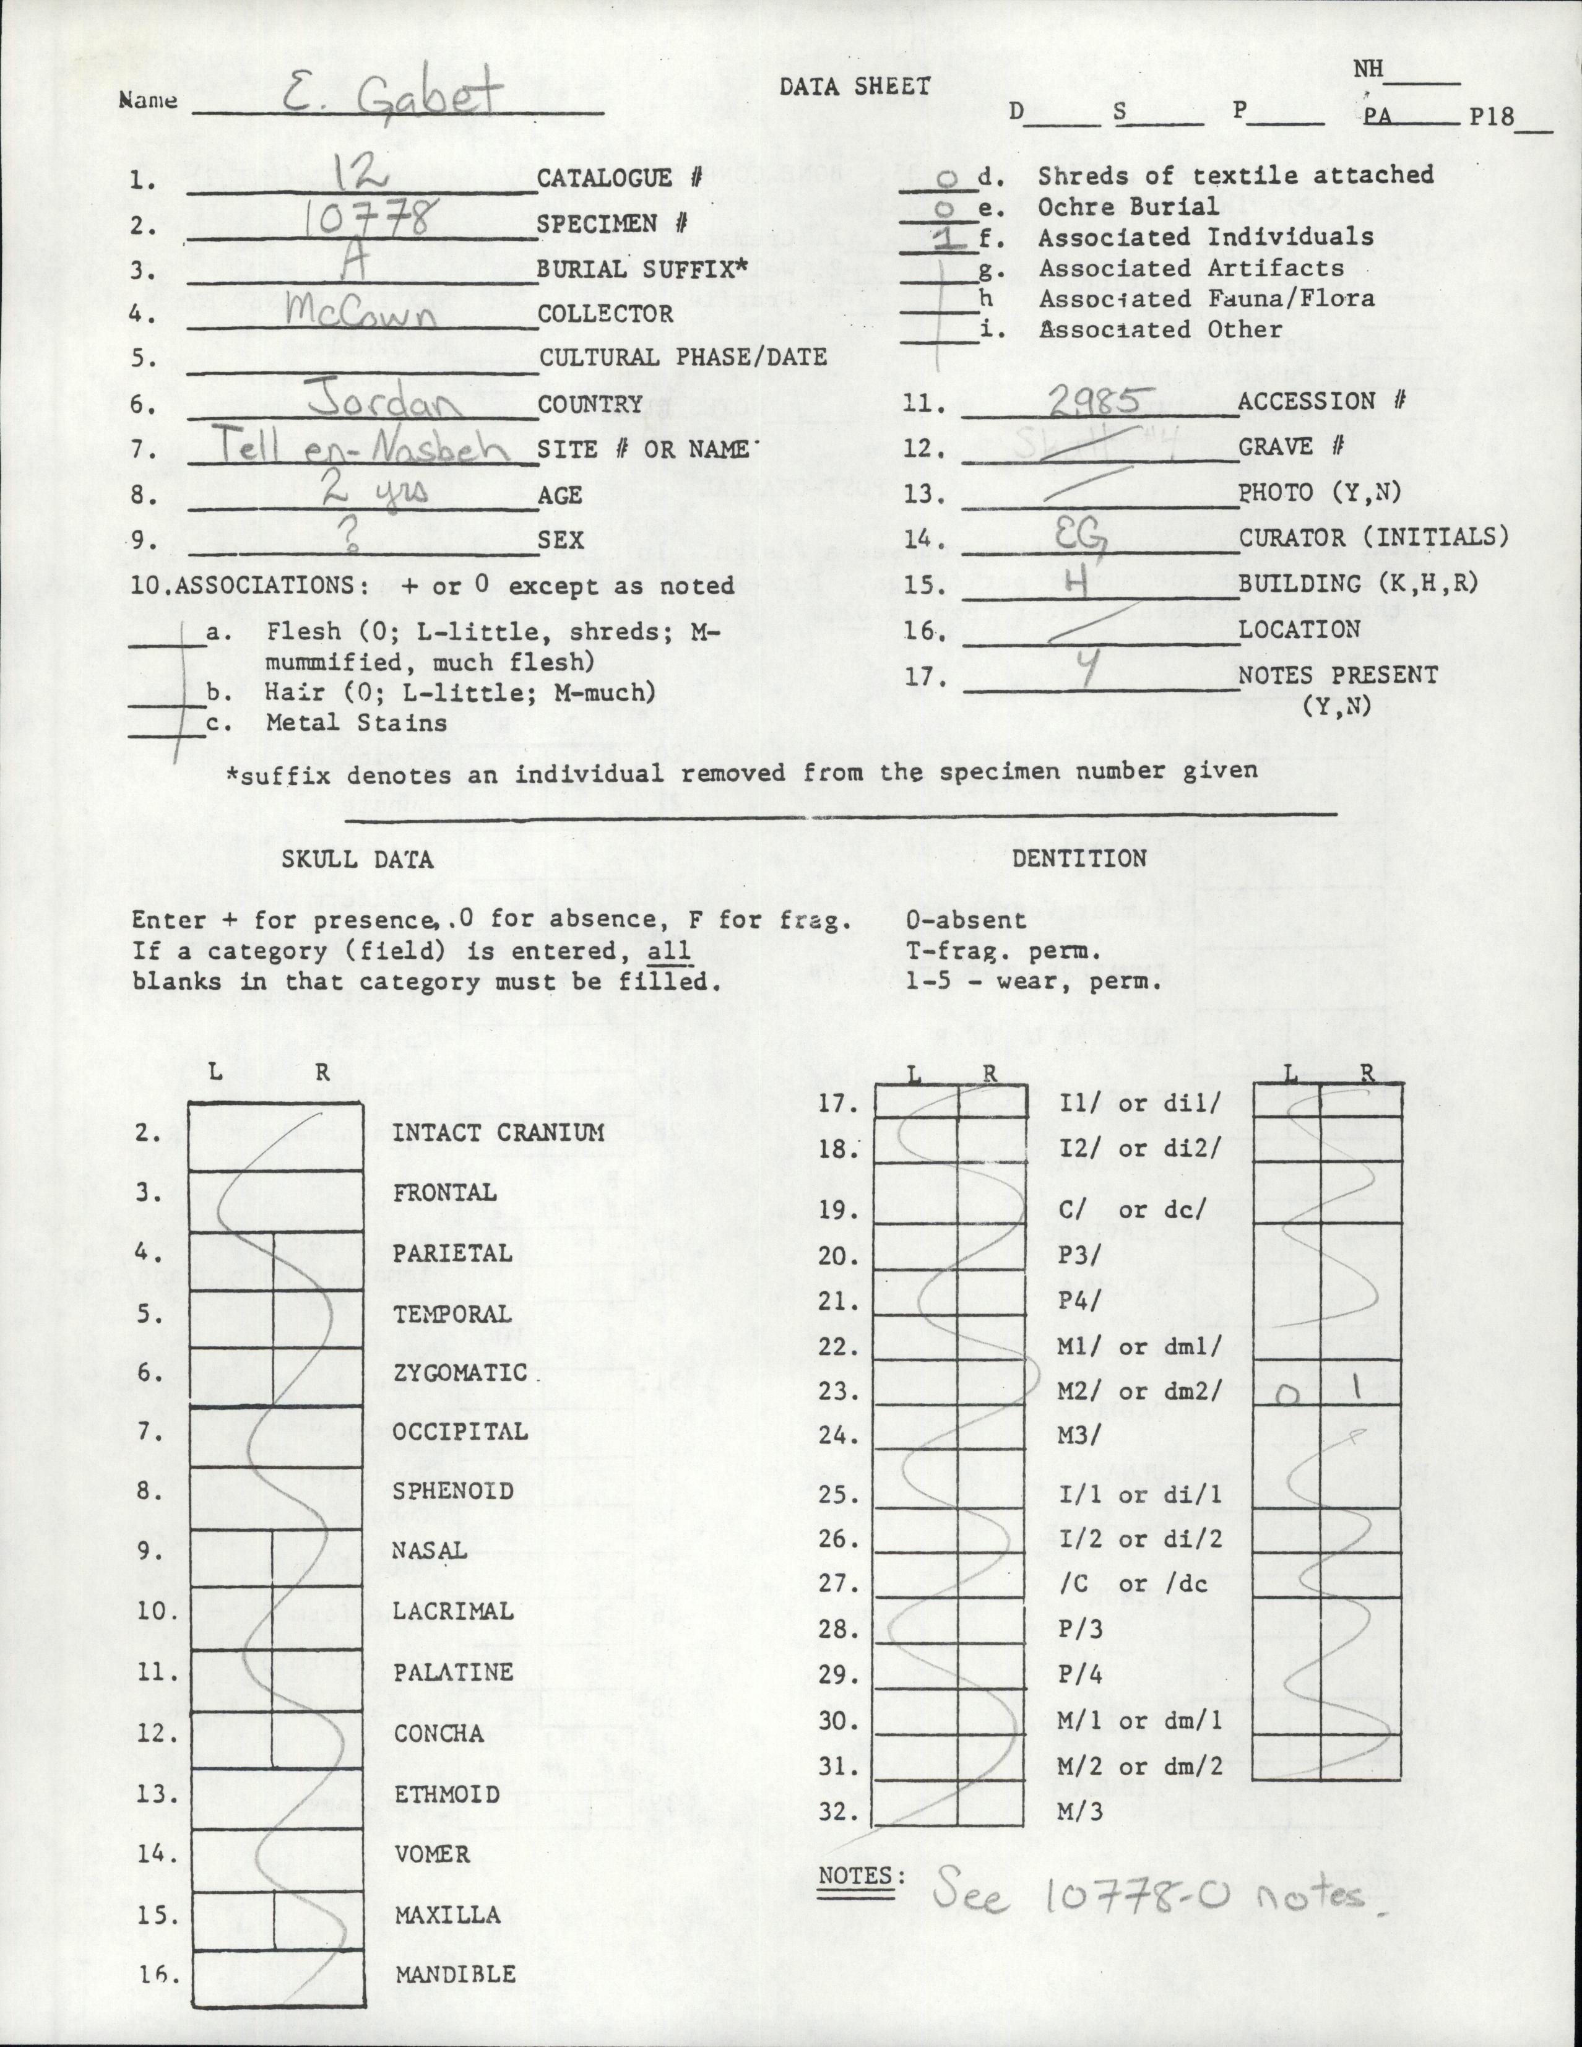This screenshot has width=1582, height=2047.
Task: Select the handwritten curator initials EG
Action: [x=1087, y=537]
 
